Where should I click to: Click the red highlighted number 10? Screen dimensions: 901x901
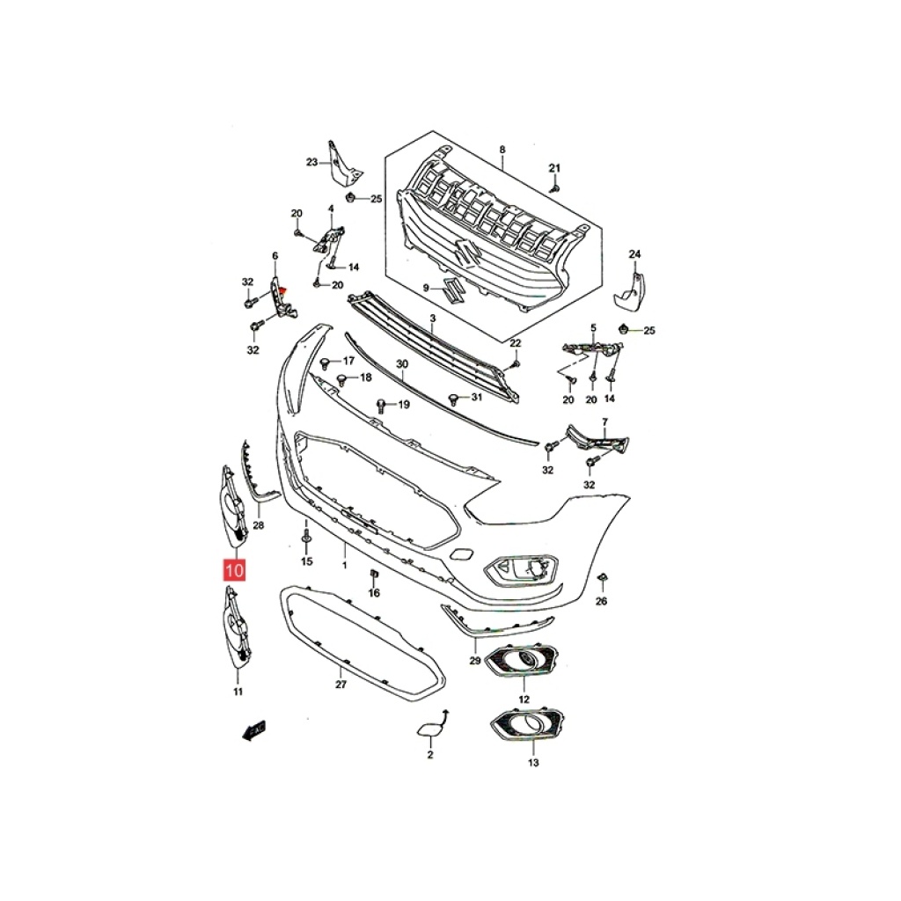coord(234,570)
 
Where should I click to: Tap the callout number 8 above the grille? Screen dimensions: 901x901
coord(502,150)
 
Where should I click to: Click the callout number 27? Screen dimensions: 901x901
coord(341,685)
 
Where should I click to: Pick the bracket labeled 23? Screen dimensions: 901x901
coord(342,164)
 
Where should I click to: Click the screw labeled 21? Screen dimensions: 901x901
coord(555,188)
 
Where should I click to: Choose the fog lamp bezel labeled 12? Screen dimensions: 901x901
coord(522,660)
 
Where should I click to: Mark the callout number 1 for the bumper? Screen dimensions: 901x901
coord(345,566)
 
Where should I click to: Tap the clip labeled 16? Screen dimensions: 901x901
coord(372,574)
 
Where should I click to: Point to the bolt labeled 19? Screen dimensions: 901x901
coord(381,405)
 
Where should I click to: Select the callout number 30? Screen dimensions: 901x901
coord(402,364)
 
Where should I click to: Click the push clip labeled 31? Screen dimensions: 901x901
coord(453,398)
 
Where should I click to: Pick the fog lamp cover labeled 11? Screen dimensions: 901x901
coord(237,628)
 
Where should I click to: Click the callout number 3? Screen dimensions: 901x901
coord(433,319)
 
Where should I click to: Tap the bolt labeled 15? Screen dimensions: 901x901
coord(307,538)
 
